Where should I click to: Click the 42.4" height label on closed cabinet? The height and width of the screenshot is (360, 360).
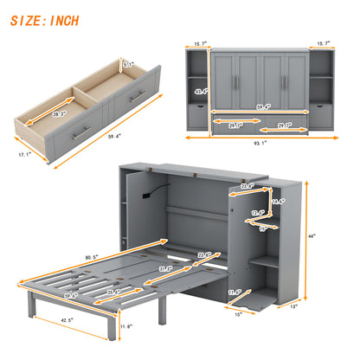(x=202, y=91)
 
